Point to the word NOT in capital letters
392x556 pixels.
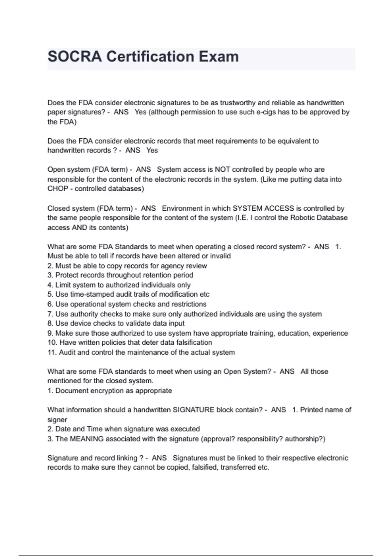(222, 170)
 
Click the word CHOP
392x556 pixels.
(58, 189)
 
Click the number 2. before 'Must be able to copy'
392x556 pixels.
(50, 266)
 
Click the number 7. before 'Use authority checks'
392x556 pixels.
(50, 314)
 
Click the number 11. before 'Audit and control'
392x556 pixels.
(52, 352)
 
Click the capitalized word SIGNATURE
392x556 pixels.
(193, 410)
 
